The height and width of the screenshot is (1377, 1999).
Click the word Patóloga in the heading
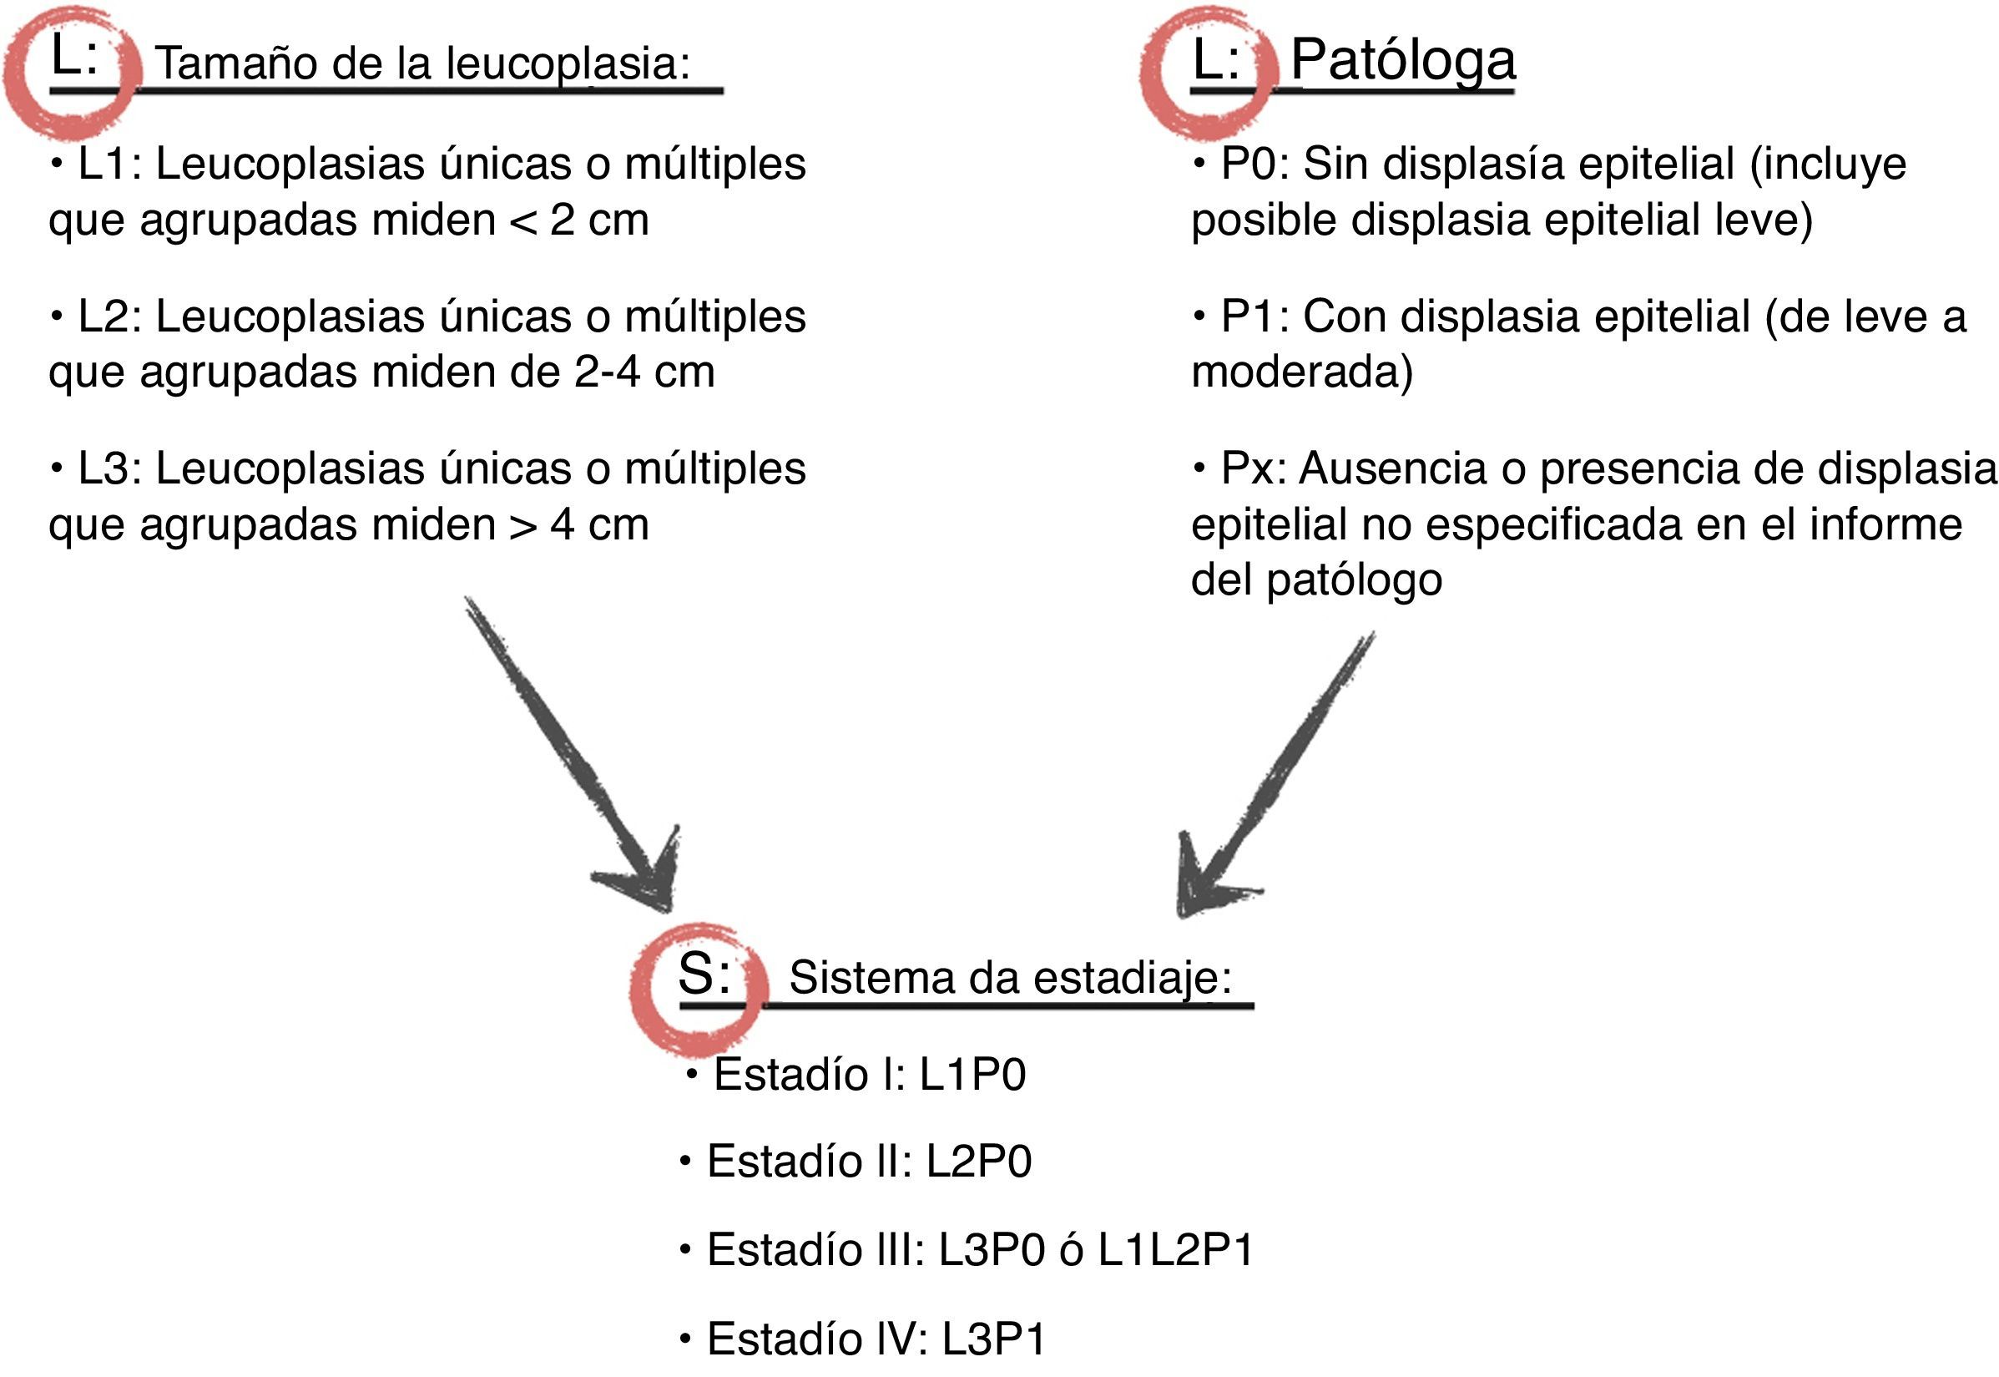click(x=1402, y=60)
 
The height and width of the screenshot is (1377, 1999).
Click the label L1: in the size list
click(x=109, y=164)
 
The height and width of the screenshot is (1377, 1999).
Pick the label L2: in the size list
click(x=109, y=316)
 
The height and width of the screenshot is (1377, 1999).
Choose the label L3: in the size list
click(x=109, y=469)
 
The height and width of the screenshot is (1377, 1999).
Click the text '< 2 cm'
click(x=578, y=220)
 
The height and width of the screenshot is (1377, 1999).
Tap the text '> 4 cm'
click(x=578, y=524)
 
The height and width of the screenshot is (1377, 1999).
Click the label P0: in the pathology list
click(x=1254, y=164)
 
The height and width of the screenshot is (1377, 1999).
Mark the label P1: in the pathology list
click(x=1254, y=316)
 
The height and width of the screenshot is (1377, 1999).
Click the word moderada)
click(x=1301, y=372)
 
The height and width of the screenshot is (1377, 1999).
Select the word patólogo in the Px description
click(x=1354, y=580)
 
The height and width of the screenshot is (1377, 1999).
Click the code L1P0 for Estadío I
click(x=972, y=1075)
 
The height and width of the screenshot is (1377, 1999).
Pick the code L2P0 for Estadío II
click(x=979, y=1162)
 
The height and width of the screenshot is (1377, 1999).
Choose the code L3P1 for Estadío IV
click(x=993, y=1339)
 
